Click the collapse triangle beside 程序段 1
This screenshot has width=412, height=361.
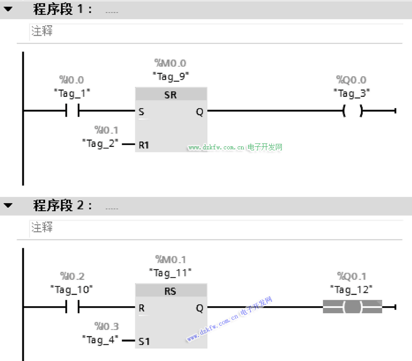pyautogui.click(x=8, y=9)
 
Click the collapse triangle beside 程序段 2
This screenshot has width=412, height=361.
pyautogui.click(x=8, y=205)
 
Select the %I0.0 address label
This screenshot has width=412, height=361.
pyautogui.click(x=71, y=80)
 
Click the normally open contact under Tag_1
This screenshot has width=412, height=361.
pyautogui.click(x=72, y=110)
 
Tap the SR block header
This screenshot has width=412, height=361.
pyautogui.click(x=171, y=94)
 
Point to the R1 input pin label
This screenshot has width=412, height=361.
pyautogui.click(x=144, y=145)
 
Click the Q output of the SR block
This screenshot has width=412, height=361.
pyautogui.click(x=200, y=112)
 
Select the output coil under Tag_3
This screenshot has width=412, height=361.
pyautogui.click(x=353, y=111)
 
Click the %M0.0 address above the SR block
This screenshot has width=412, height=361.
pyautogui.click(x=170, y=63)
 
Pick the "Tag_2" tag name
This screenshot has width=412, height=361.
pyautogui.click(x=100, y=144)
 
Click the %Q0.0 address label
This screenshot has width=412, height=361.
pyautogui.click(x=351, y=80)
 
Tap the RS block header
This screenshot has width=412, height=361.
pyautogui.click(x=171, y=291)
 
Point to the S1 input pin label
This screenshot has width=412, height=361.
pyautogui.click(x=144, y=341)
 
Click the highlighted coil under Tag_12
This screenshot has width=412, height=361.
pyautogui.click(x=353, y=307)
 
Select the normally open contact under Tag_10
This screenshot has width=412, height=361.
pyautogui.click(x=72, y=307)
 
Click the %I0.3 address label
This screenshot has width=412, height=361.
pyautogui.click(x=106, y=326)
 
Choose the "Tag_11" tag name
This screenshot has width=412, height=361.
pyautogui.click(x=170, y=273)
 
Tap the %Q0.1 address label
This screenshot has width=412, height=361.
pyautogui.click(x=352, y=276)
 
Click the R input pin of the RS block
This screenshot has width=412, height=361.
pyautogui.click(x=142, y=308)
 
